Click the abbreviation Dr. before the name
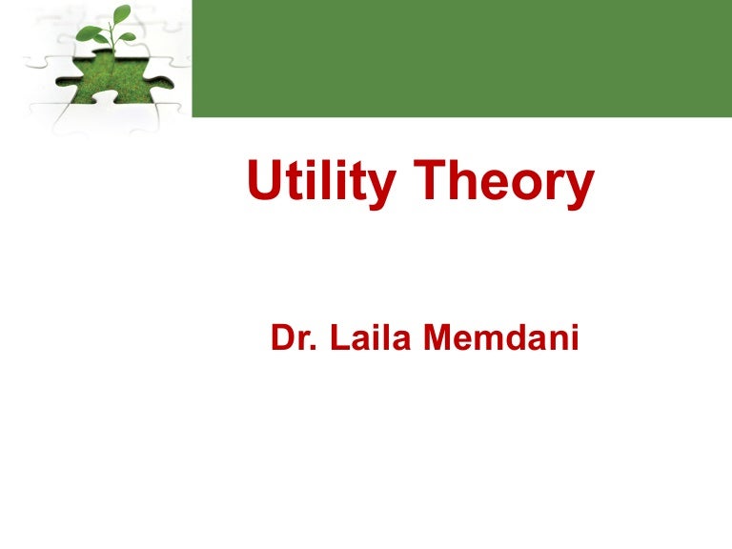pos(292,339)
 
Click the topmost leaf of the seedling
pos(121,13)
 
